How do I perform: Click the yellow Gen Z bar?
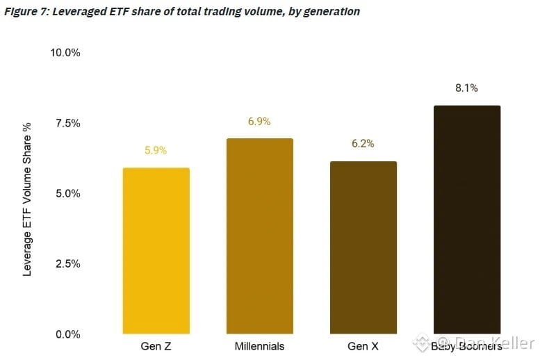[x=156, y=251]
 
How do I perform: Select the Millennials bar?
[x=260, y=236]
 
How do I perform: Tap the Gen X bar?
[x=363, y=247]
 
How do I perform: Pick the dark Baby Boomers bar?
[x=467, y=220]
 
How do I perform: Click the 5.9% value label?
[x=156, y=150]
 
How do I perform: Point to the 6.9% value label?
[x=259, y=121]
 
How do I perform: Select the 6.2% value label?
[x=363, y=143]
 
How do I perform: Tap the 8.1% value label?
[x=466, y=88]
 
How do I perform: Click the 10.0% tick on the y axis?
[x=65, y=53]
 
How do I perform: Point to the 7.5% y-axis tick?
[x=68, y=123]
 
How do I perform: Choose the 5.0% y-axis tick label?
[x=68, y=193]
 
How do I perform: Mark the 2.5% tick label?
[x=68, y=263]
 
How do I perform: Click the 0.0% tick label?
[x=68, y=334]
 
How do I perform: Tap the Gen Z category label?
[x=156, y=346]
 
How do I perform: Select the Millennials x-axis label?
[x=260, y=346]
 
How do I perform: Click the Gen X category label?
[x=363, y=346]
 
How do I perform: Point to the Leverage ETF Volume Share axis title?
[x=27, y=199]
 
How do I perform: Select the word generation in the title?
[x=332, y=12]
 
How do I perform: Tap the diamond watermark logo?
[x=422, y=343]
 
